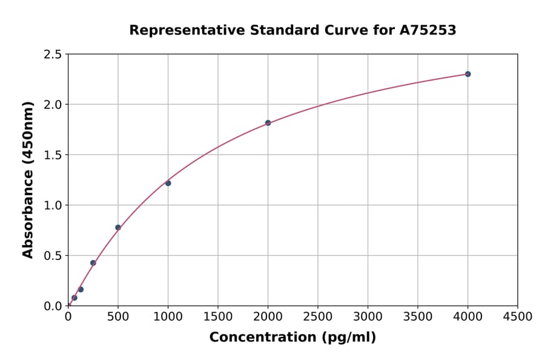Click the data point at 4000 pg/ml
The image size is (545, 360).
point(467,74)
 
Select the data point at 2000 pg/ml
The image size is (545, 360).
point(268,123)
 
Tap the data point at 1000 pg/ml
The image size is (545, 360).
point(168,183)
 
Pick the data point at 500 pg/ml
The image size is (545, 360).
point(118,227)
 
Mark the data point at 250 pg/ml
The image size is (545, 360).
point(93,262)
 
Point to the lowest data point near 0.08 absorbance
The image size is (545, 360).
point(74,298)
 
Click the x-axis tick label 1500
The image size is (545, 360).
point(218,316)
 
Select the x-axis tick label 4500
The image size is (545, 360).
point(517,316)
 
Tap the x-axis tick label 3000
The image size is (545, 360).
point(368,316)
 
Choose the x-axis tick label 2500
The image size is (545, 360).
point(318,316)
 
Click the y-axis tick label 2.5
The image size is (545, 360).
point(53,55)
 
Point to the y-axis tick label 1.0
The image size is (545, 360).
point(53,205)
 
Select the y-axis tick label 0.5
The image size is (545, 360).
point(53,256)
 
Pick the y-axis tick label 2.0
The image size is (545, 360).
point(53,105)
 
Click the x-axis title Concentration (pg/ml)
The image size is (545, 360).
point(292,338)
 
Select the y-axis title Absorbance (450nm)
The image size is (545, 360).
point(28,179)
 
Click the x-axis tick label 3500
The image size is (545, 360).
point(418,316)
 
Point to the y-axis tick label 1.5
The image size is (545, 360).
point(53,155)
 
